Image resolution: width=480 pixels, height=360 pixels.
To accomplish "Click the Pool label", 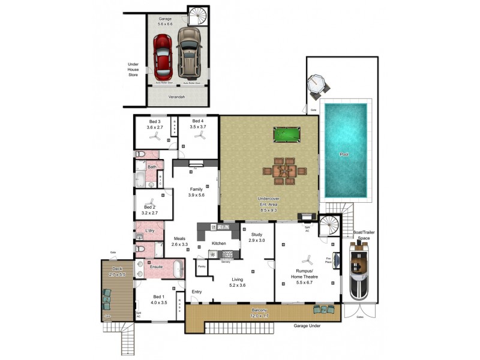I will (x=344, y=154).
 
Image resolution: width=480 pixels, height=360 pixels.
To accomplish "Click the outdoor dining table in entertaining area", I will (x=283, y=171).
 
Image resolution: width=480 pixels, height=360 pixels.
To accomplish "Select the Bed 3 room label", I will (x=155, y=124).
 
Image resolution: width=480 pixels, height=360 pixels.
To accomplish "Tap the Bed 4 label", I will (x=198, y=124).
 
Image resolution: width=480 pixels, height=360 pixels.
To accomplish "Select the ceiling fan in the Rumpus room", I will (x=307, y=260).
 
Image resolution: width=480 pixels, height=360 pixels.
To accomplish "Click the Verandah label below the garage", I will (x=176, y=96).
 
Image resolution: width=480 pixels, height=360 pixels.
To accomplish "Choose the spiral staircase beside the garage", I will (x=197, y=16).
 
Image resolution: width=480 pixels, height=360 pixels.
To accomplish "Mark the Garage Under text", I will (x=307, y=327).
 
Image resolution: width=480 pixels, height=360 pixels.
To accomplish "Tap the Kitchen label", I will (x=219, y=243).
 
